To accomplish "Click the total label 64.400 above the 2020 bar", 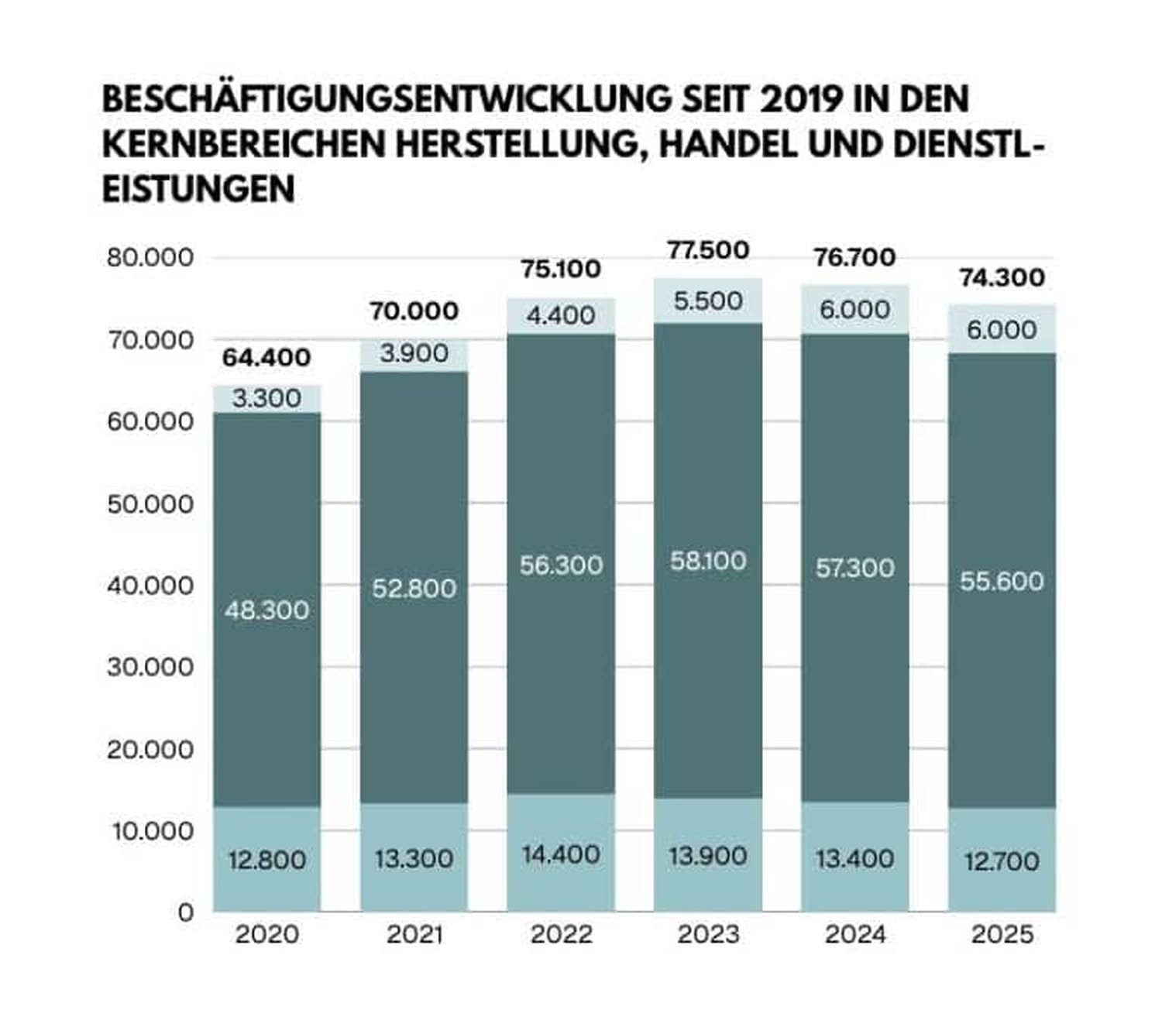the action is [266, 358].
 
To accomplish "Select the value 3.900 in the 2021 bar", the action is [414, 353].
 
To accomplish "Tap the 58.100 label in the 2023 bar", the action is [707, 561].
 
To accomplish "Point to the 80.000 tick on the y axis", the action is [150, 258].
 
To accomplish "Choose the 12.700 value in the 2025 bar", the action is [1002, 861].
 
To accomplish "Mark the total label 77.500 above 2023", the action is [708, 250].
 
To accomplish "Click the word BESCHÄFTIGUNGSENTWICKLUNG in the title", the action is [387, 100].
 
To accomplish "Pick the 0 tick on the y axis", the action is [186, 913].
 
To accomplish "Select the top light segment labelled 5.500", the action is [707, 301].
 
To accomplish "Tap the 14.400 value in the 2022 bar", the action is [561, 854].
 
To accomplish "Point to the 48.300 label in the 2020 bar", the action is [266, 610].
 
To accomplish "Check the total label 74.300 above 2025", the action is [1002, 278].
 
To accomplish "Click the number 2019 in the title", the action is [799, 100].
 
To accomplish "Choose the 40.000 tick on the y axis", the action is [150, 586].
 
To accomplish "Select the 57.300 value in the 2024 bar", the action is [854, 568].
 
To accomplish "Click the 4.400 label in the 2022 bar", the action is [561, 316].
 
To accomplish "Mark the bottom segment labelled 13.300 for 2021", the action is [414, 858].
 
